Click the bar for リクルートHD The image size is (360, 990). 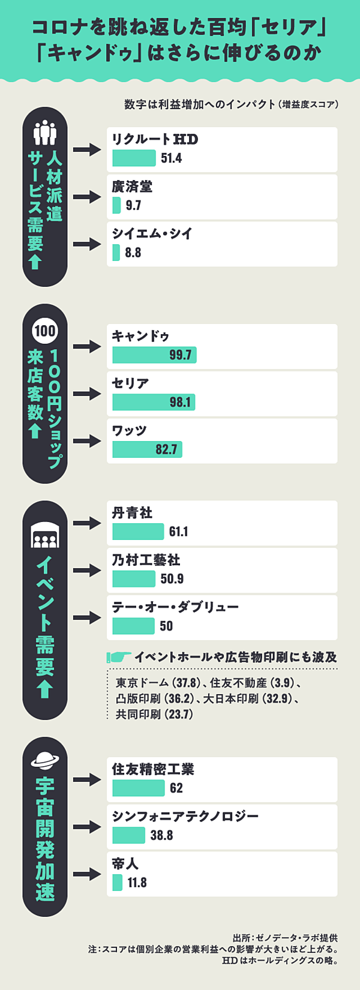click(134, 158)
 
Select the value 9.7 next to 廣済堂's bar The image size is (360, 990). click(133, 206)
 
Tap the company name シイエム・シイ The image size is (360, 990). click(152, 234)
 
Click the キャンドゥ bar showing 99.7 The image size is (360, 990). click(154, 355)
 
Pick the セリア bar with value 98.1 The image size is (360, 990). click(154, 402)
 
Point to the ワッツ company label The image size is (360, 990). click(130, 431)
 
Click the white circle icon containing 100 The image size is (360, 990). click(45, 331)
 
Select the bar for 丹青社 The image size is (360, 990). click(138, 532)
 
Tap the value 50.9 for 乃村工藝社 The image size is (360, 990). click(172, 579)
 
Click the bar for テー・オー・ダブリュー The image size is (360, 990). click(133, 626)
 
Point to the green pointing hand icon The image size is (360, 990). click(119, 657)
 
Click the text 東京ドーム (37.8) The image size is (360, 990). click(158, 683)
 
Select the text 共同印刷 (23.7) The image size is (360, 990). click(154, 715)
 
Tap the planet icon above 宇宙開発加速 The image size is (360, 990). click(45, 760)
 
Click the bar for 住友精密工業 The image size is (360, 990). click(138, 788)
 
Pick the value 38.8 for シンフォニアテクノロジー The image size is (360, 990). click(161, 835)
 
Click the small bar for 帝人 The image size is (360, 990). click(117, 883)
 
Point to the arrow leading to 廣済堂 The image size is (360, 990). click(87, 197)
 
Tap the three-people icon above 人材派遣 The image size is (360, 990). click(45, 133)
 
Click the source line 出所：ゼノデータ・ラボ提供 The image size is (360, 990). click(285, 938)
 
